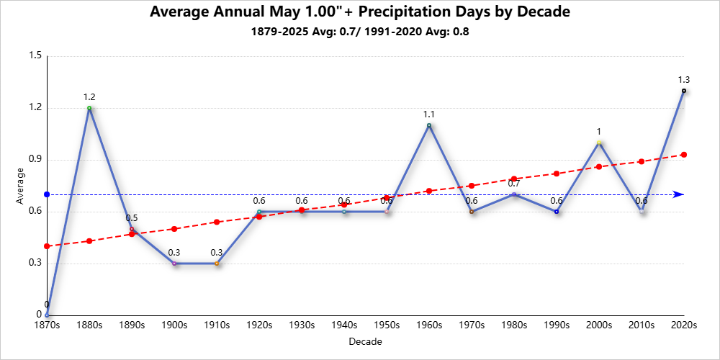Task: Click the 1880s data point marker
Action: pyautogui.click(x=89, y=108)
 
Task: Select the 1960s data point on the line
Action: pyautogui.click(x=429, y=125)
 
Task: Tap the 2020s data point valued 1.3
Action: pyautogui.click(x=683, y=91)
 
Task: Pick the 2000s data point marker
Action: pyautogui.click(x=599, y=143)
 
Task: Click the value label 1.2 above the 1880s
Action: pyautogui.click(x=89, y=96)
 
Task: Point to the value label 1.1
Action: pyautogui.click(x=429, y=114)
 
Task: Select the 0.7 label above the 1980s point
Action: pyautogui.click(x=514, y=183)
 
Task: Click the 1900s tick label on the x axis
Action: pyautogui.click(x=174, y=325)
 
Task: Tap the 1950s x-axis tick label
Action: pyautogui.click(x=387, y=325)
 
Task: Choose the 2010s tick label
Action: pyautogui.click(x=641, y=325)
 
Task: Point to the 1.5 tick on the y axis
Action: pyautogui.click(x=34, y=56)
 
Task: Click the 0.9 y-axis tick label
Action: pyautogui.click(x=34, y=159)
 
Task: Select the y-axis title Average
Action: pyautogui.click(x=20, y=186)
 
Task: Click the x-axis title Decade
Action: pyautogui.click(x=365, y=341)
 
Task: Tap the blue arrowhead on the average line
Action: pyautogui.click(x=678, y=194)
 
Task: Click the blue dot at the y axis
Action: pyautogui.click(x=47, y=194)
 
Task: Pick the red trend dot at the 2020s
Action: pyautogui.click(x=683, y=154)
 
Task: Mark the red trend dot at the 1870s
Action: pyautogui.click(x=47, y=246)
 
